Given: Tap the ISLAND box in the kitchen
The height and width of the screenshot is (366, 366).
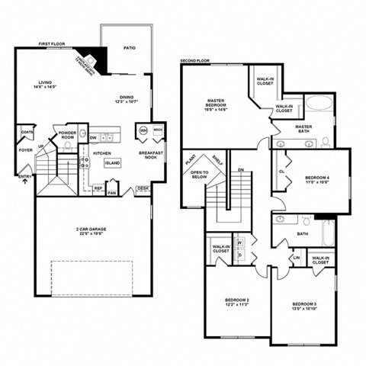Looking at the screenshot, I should pyautogui.click(x=112, y=163).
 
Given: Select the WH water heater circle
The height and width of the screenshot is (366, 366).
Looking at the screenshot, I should pyautogui.click(x=143, y=131).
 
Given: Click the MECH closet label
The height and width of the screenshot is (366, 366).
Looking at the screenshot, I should pyautogui.click(x=158, y=130).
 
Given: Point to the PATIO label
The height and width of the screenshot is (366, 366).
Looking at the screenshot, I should pyautogui.click(x=130, y=48).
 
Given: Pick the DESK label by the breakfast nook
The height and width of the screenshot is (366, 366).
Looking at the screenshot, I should pyautogui.click(x=143, y=188).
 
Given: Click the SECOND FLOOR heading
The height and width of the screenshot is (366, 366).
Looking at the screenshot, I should pyautogui.click(x=195, y=60).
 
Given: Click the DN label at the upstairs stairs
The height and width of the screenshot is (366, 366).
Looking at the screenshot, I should pyautogui.click(x=240, y=169).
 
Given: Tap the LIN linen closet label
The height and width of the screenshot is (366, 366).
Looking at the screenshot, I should pyautogui.click(x=296, y=258).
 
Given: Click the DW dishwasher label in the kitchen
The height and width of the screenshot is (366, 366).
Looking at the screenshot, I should pyautogui.click(x=92, y=138).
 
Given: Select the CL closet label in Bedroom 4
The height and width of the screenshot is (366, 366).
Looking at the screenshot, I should pyautogui.click(x=281, y=172).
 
